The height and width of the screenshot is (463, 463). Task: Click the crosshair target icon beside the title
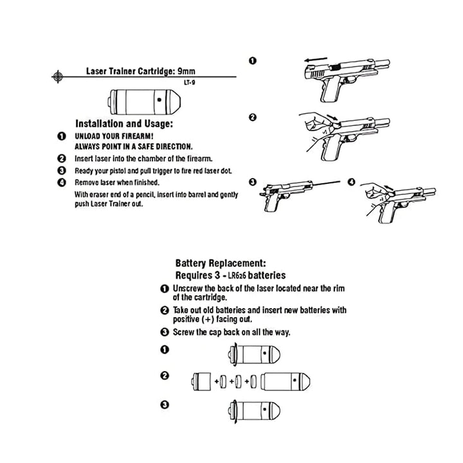click(58, 76)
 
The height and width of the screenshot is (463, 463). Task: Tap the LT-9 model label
click(189, 82)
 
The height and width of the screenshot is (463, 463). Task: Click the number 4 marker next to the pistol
click(351, 182)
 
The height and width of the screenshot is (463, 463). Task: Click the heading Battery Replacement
click(220, 264)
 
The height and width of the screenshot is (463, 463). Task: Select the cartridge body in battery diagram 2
click(287, 381)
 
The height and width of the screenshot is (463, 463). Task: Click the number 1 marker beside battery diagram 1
click(165, 350)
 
